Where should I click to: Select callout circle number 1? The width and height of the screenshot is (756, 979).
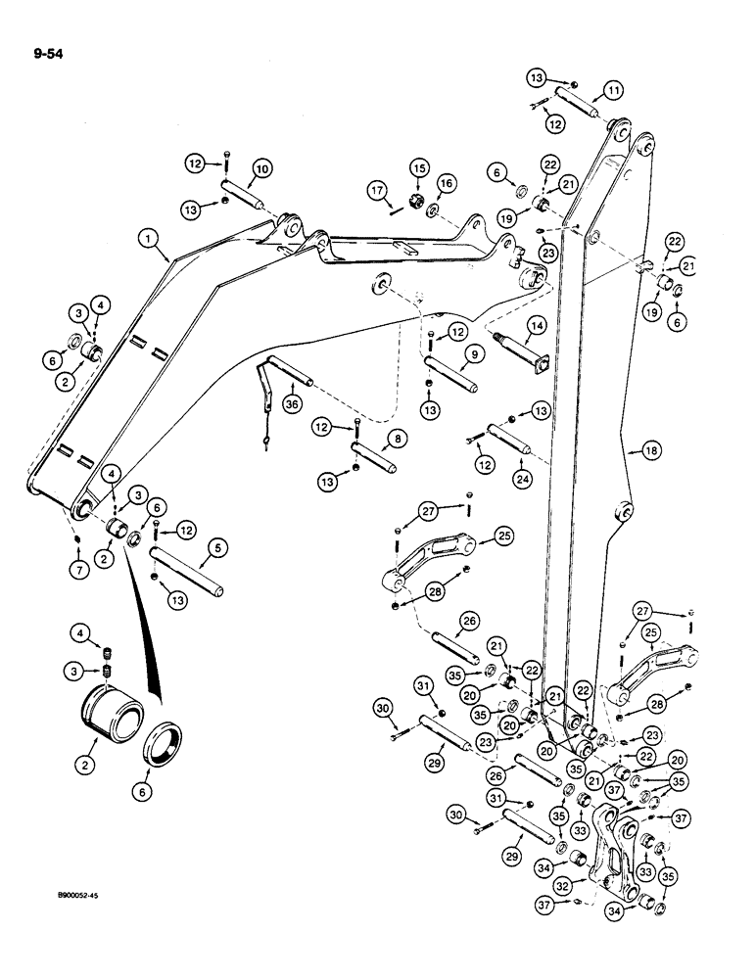point(150,237)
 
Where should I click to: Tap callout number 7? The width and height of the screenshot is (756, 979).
point(74,570)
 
